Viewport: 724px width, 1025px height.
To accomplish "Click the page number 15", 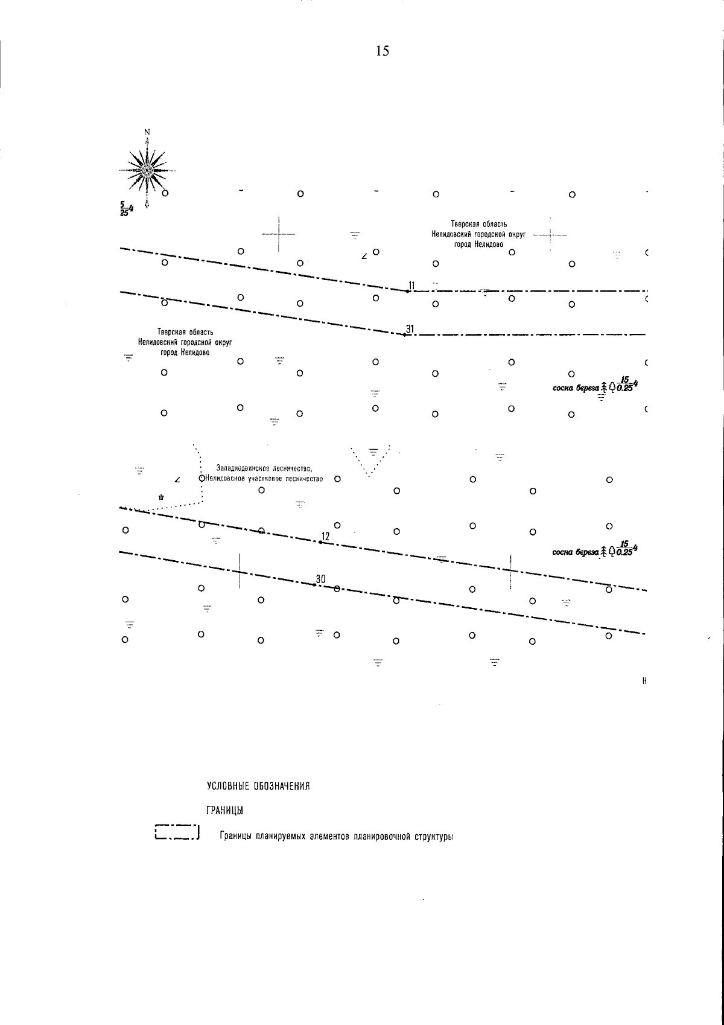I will click(382, 51).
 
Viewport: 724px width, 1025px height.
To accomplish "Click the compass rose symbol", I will click(147, 170).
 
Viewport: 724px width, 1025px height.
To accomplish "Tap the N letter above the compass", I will click(147, 132).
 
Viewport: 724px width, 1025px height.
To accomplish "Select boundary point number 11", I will click(408, 291).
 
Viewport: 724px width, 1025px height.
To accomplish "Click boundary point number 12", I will click(320, 541).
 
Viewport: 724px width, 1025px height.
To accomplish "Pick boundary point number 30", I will click(315, 584).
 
